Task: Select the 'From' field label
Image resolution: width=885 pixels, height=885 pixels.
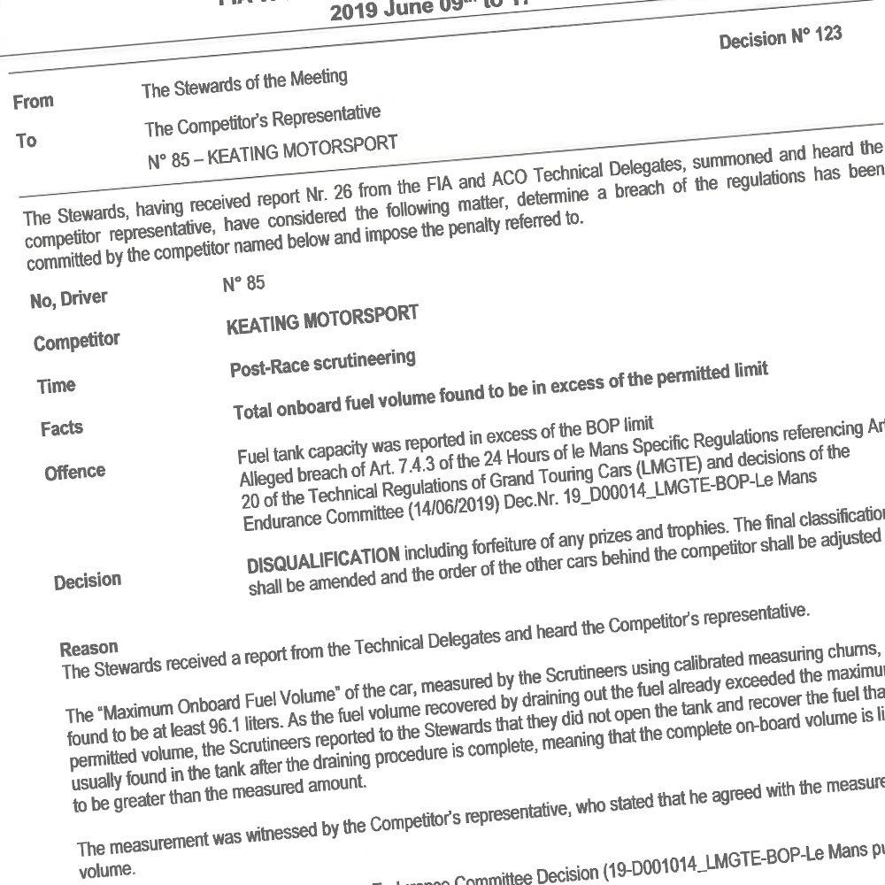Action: (34, 102)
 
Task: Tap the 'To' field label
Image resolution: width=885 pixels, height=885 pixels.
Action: (27, 141)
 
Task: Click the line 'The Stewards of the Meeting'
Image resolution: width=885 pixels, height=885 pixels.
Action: (244, 84)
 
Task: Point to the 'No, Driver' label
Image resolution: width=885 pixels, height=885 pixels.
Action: (68, 299)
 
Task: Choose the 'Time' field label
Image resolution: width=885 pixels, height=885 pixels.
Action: (57, 386)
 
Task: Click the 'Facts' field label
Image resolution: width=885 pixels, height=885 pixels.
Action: (62, 429)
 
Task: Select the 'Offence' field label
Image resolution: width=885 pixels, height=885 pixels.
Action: (74, 472)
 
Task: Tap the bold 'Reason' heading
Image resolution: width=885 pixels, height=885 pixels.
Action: (88, 647)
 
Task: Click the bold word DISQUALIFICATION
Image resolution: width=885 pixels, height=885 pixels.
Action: (322, 558)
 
